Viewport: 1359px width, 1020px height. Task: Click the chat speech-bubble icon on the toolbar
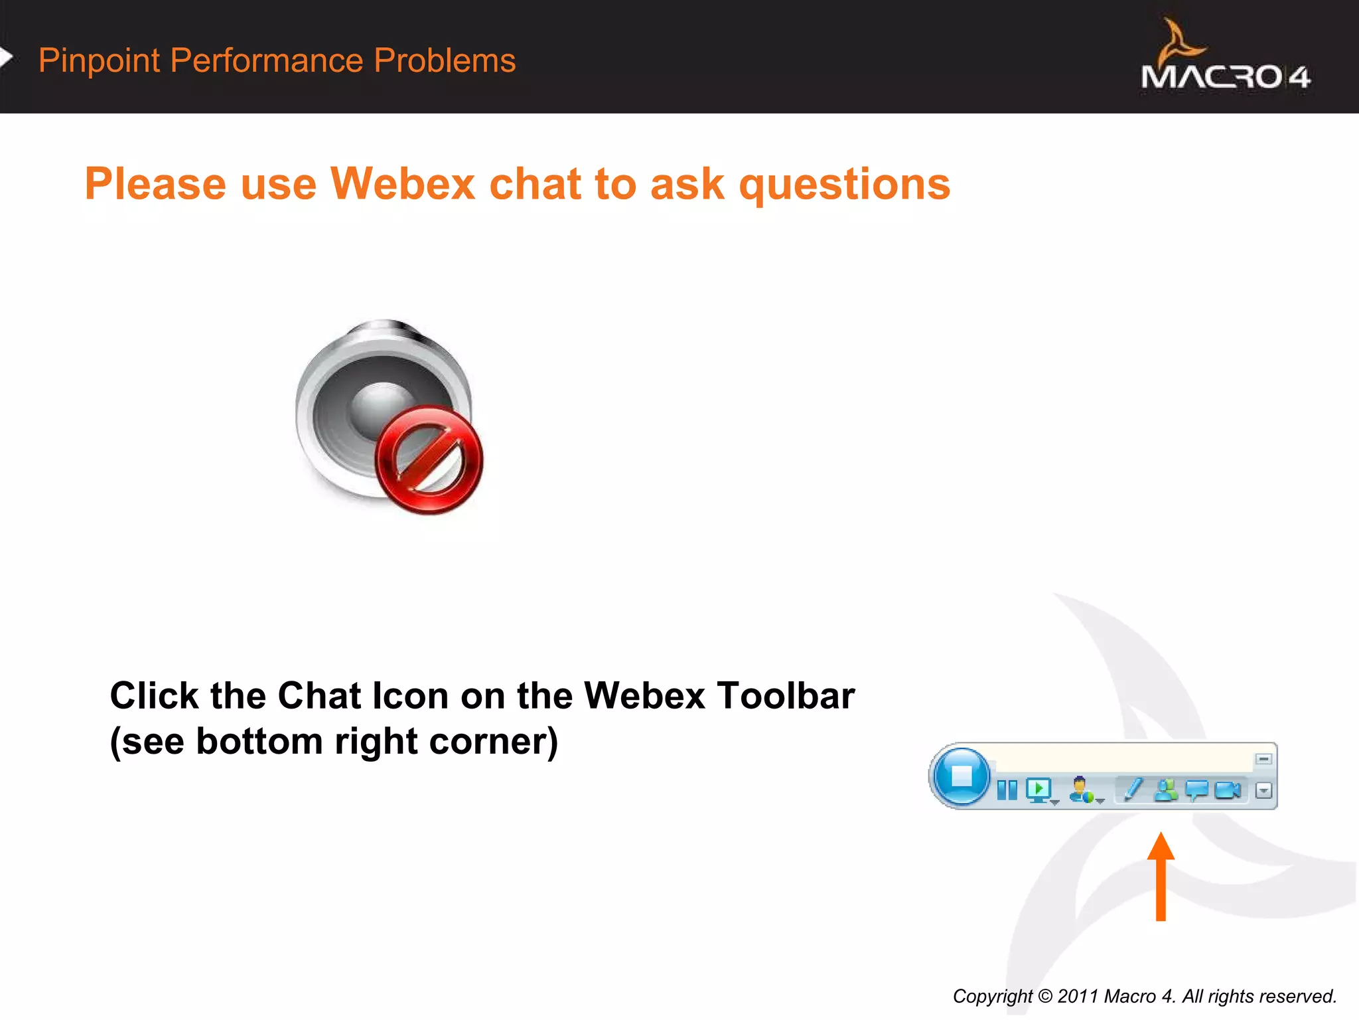[x=1197, y=790]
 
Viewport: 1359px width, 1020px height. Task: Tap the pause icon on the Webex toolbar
[x=1007, y=790]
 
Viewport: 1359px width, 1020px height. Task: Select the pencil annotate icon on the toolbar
[x=1134, y=789]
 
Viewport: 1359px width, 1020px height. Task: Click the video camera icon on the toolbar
[x=1228, y=790]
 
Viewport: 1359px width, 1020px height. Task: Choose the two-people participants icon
[x=1166, y=790]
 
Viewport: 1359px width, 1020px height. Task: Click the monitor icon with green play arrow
[x=1039, y=790]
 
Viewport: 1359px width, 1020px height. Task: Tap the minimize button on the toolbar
[x=1263, y=759]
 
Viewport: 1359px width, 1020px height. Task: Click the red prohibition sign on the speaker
[x=429, y=460]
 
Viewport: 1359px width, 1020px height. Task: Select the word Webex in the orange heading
[x=402, y=184]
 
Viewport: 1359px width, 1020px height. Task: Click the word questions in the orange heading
[x=844, y=185]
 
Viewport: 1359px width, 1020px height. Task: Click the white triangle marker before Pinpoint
[x=6, y=58]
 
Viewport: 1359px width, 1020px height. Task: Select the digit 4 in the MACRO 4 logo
[x=1299, y=78]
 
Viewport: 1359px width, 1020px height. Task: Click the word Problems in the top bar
[x=445, y=60]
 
